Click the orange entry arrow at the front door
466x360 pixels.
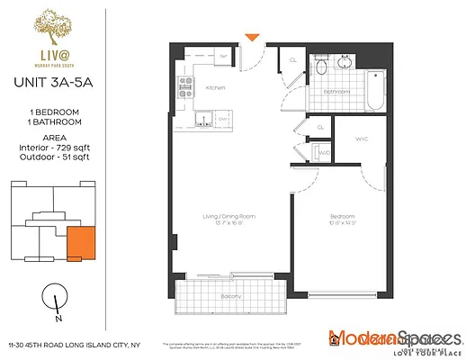click(255, 36)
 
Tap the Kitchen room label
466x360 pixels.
click(215, 87)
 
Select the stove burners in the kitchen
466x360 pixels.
click(187, 87)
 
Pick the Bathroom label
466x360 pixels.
click(336, 92)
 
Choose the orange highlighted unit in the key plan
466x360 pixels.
click(80, 242)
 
